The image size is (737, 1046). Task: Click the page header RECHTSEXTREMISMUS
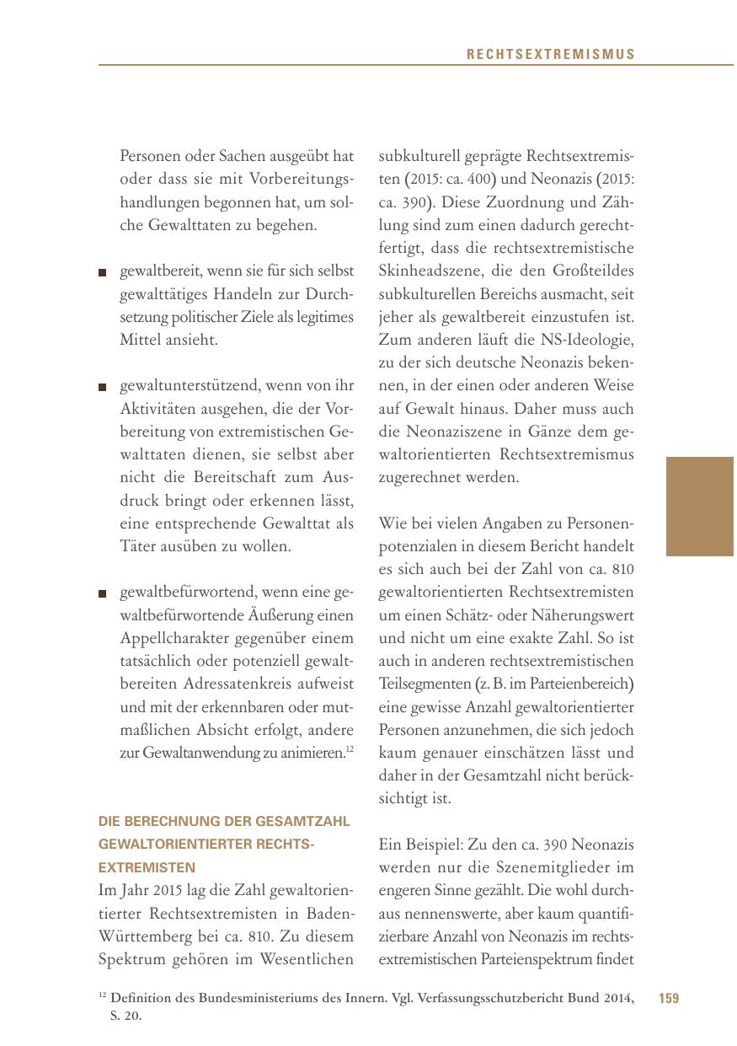[x=551, y=55]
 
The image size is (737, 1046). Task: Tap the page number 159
[x=669, y=999]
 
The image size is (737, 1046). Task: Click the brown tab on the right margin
[x=699, y=506]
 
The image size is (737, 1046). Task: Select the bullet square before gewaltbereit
[x=103, y=272]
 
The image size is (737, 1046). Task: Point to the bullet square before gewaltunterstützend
[x=103, y=387]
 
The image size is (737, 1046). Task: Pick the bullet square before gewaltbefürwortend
[x=103, y=593]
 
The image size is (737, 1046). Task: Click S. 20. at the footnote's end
[x=126, y=1016]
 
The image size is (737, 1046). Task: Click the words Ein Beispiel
[x=418, y=845]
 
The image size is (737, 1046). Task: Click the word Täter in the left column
[x=138, y=546]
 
